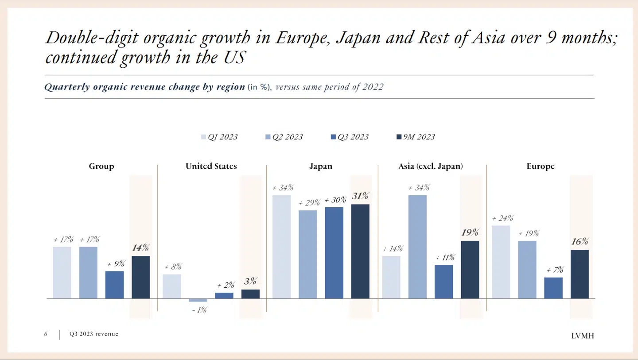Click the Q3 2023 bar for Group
coord(114,285)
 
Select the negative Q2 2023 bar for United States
coord(198,300)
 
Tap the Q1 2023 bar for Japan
coord(281,247)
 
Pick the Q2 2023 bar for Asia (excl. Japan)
coord(418,247)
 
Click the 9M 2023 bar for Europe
coord(580,274)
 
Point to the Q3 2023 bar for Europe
coord(553,288)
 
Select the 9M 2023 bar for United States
coord(250,294)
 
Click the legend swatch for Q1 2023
coord(204,137)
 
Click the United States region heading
coord(211,166)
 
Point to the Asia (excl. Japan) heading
coord(430,166)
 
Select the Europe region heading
coord(540,166)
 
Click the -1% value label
coord(199,310)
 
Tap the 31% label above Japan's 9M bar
coord(360,196)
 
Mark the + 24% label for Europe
coord(502,218)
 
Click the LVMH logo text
coord(582,336)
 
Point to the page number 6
coord(46,334)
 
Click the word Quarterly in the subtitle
coord(67,87)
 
